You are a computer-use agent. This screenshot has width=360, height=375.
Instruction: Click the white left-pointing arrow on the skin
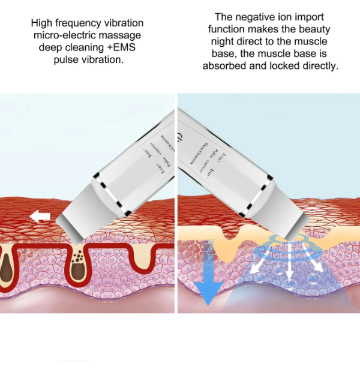(x=40, y=217)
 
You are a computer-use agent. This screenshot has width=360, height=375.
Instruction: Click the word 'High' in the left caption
(x=43, y=23)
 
